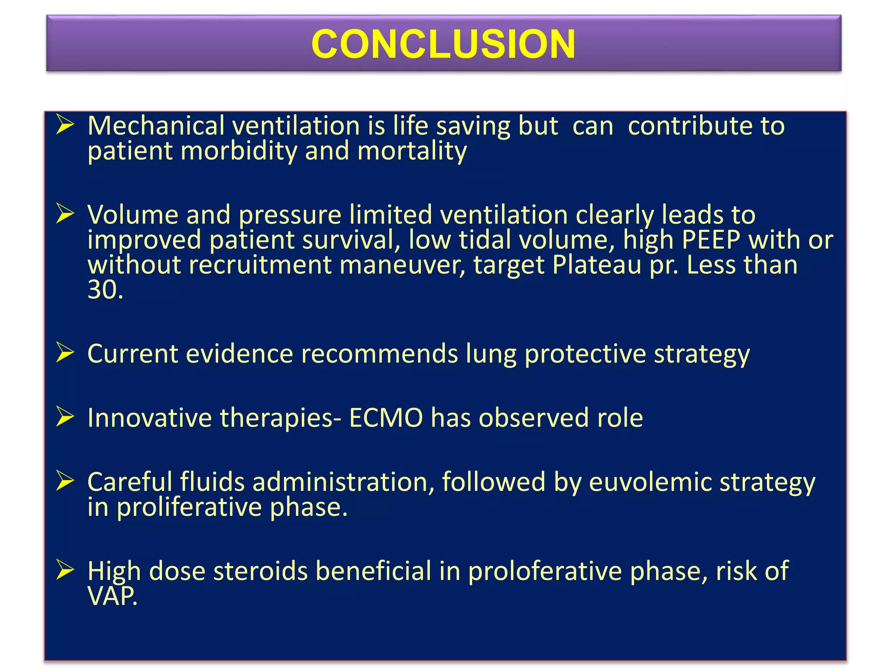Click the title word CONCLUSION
coord(443,44)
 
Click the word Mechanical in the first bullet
coord(156,126)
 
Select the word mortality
coord(412,151)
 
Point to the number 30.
coord(104,290)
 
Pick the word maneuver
coord(402,266)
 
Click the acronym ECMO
coord(386,418)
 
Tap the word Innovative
coord(149,418)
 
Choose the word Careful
coord(129,483)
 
